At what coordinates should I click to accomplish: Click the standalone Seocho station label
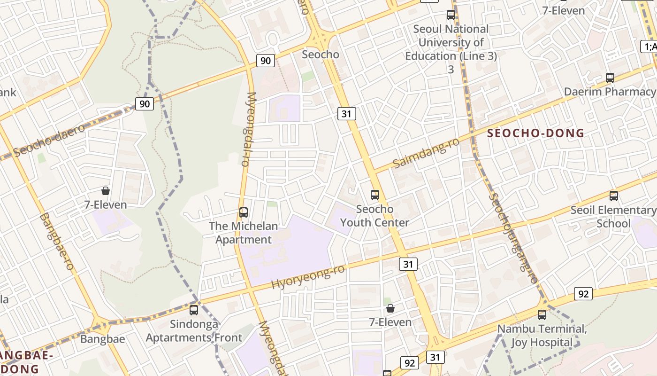click(x=321, y=54)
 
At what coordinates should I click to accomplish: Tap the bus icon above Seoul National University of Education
click(x=451, y=15)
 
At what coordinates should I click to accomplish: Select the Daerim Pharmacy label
click(x=610, y=92)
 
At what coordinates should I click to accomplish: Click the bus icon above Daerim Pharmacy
click(x=610, y=78)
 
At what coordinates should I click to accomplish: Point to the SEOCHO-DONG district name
click(x=536, y=133)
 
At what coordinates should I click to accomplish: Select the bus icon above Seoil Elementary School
click(x=613, y=196)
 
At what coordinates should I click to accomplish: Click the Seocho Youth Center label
click(x=374, y=216)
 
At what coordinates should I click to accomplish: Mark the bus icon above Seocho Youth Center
click(x=374, y=195)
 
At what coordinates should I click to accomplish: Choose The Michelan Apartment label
click(x=243, y=233)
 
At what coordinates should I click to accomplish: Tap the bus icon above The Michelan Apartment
click(x=243, y=212)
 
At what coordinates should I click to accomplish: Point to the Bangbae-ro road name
click(x=57, y=242)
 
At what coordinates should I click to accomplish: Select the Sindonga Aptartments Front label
click(x=194, y=331)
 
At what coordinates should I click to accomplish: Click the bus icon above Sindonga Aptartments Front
click(x=193, y=310)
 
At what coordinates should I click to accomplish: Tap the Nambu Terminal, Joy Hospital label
click(x=542, y=336)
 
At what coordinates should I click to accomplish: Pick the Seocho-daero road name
click(x=50, y=140)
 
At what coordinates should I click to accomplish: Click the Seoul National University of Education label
click(x=451, y=42)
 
